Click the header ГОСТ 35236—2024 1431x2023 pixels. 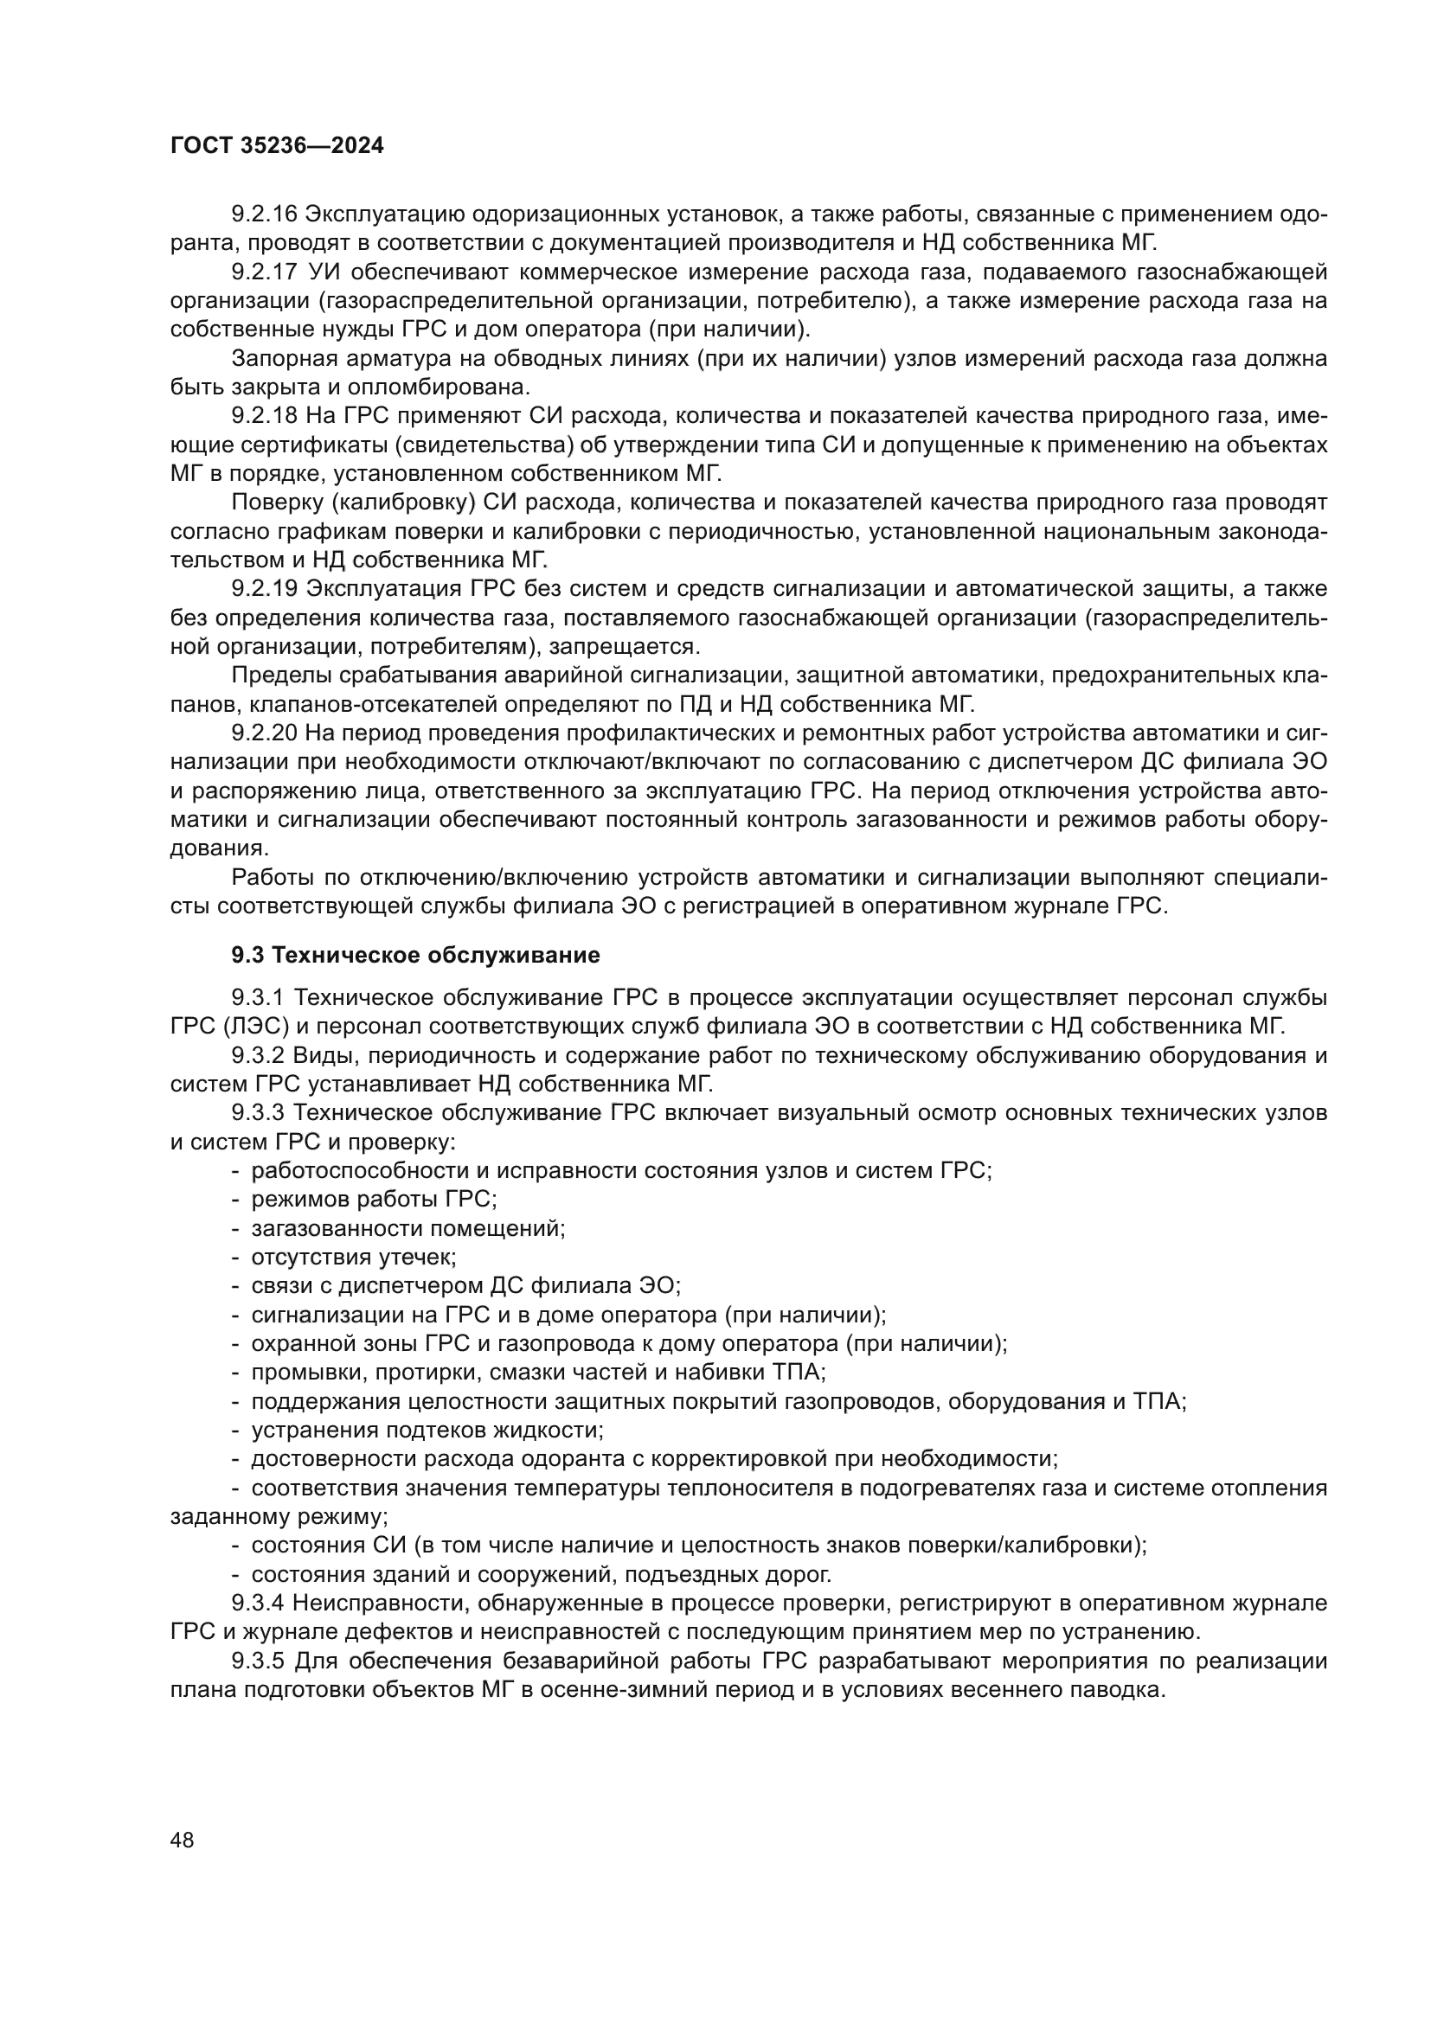point(277,146)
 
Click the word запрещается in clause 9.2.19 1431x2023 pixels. point(624,647)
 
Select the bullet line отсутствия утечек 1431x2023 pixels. point(354,1258)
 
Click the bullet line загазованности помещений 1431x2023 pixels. point(409,1228)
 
